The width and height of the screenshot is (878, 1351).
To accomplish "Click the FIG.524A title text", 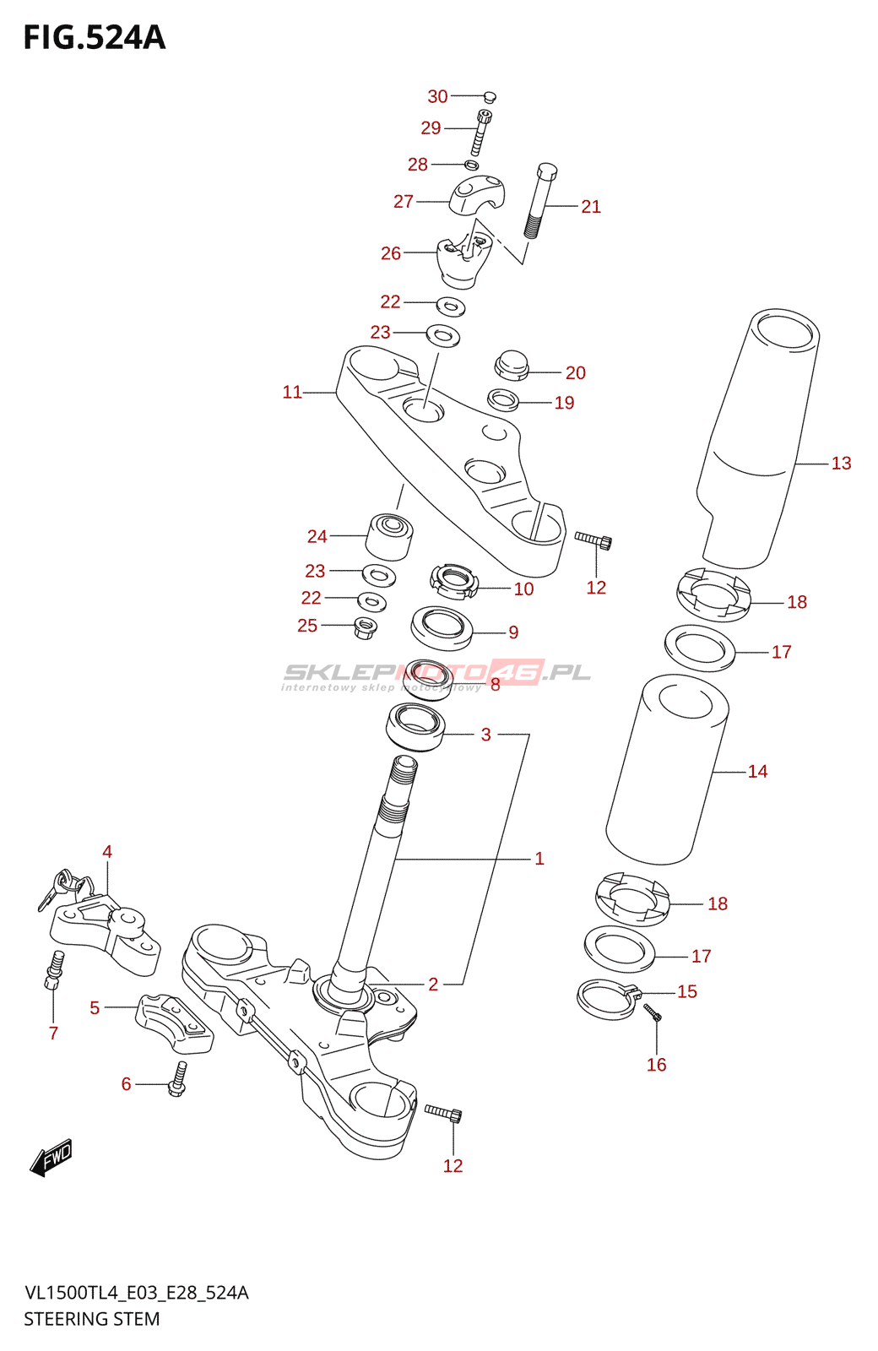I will point(95,38).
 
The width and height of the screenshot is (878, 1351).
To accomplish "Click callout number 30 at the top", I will point(437,96).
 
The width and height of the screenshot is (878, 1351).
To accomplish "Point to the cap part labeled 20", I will point(511,365).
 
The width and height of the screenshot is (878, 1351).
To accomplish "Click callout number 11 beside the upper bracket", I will point(292,392).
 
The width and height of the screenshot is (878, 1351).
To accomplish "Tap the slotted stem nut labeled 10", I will point(453,580).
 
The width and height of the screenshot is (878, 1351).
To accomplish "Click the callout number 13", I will point(841,463).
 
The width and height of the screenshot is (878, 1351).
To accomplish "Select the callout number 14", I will point(757,771).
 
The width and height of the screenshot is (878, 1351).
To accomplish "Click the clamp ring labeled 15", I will point(606,999).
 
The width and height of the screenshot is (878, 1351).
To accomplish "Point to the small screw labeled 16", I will point(653,1012).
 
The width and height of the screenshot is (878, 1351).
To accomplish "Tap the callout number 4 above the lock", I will point(107,851).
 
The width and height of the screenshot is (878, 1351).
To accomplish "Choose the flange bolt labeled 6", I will point(178,1079).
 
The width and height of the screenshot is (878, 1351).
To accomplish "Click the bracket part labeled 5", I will point(174,1023).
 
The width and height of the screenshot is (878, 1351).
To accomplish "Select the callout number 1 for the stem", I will point(539,859).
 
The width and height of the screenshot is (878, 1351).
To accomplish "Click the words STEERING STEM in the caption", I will point(91,1319).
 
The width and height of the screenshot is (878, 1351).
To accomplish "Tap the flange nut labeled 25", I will point(365,627).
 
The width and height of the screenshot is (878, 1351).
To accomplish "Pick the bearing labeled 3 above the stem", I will point(415,727).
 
